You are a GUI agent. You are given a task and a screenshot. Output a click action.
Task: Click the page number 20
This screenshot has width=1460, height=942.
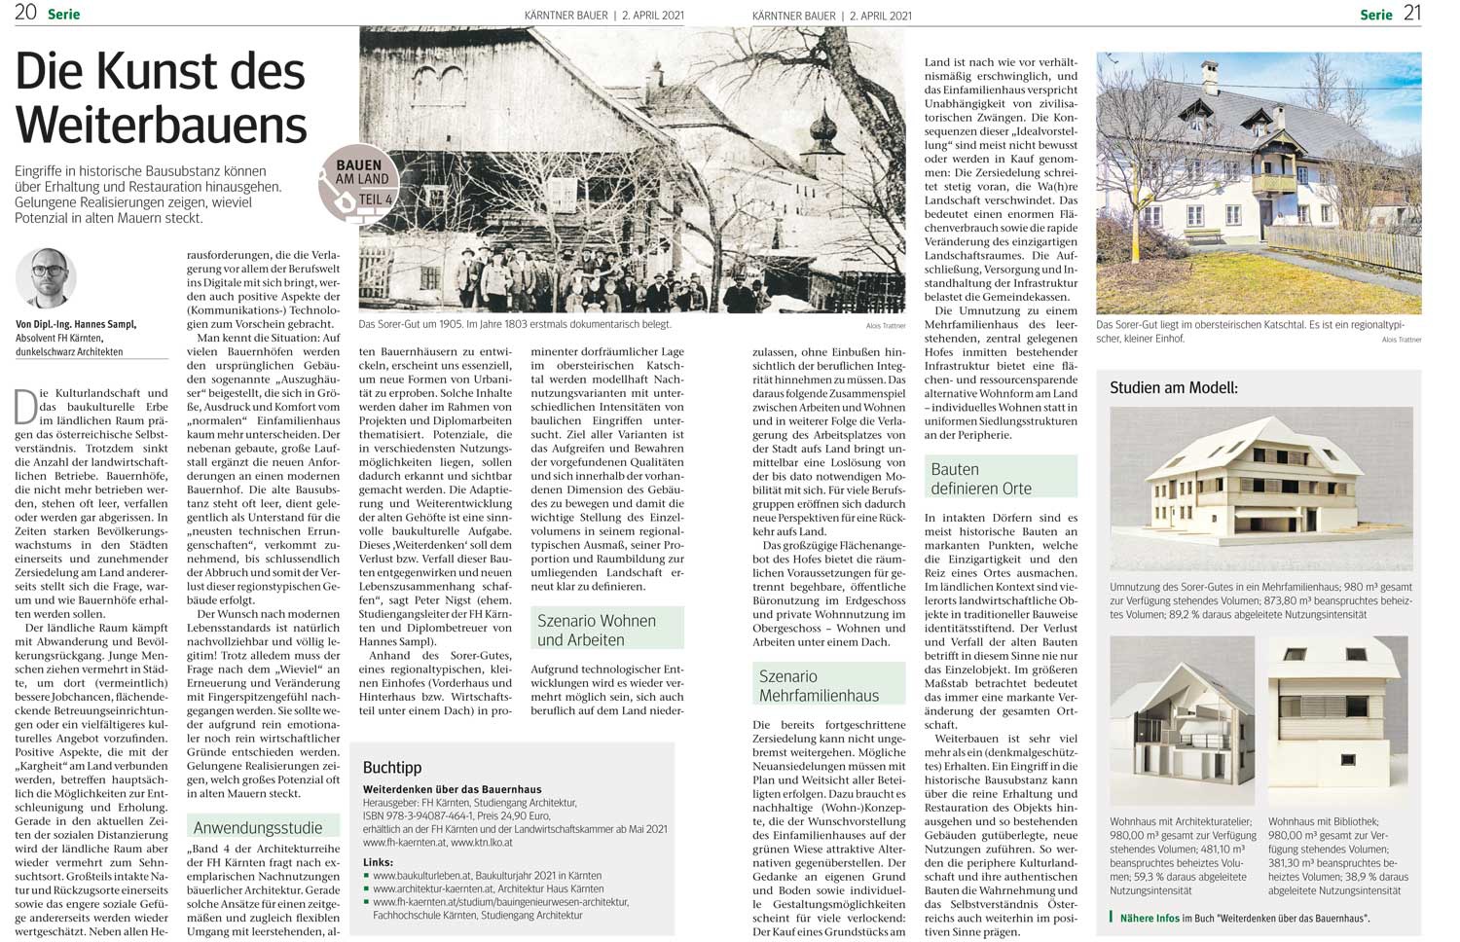pos(26,13)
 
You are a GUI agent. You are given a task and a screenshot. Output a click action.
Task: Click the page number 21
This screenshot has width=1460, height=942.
pos(1412,13)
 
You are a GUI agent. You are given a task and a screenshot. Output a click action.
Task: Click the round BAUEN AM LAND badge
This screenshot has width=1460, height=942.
pos(358,183)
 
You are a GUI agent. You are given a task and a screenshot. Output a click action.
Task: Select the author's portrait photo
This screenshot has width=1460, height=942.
pos(46,278)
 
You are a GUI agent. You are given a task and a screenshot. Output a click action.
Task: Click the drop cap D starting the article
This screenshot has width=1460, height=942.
pos(26,405)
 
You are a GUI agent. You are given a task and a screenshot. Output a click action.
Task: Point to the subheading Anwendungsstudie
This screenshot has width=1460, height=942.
pos(258,828)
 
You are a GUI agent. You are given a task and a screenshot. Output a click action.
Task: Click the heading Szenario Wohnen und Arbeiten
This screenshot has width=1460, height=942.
pos(597,630)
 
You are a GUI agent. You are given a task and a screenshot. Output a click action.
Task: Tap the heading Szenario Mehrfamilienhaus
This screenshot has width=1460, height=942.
pos(819,685)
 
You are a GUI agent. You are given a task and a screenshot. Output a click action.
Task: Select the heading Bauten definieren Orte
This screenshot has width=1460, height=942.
pos(980,478)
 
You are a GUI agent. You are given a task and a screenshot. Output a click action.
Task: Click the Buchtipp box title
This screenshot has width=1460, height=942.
pos(392,768)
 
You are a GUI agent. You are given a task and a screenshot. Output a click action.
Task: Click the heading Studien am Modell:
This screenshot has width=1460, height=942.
pos(1174,387)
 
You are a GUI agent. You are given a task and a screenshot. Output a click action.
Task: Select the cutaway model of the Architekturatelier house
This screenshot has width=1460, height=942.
pos(1182,722)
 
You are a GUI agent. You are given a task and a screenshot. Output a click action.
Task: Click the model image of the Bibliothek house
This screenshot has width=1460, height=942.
pos(1337,719)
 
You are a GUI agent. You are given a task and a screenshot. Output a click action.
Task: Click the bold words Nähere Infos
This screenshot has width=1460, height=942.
pos(1150,918)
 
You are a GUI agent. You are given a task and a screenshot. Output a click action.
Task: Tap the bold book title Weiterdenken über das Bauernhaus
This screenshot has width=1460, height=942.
pos(452,789)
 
